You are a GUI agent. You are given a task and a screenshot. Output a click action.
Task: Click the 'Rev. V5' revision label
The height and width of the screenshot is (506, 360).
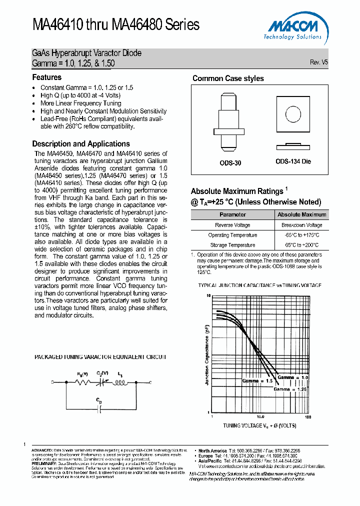(x=319, y=62)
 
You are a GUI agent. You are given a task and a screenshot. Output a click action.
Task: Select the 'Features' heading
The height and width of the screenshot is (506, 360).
(x=47, y=77)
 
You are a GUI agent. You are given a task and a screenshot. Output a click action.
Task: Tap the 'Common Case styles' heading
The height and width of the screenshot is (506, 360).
(x=228, y=78)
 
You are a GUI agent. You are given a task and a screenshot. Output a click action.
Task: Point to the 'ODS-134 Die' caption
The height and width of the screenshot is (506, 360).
(x=293, y=162)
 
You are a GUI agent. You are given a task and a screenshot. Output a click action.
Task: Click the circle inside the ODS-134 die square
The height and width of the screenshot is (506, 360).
(x=293, y=113)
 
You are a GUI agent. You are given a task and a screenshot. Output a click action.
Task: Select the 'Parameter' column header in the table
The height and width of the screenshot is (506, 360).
(x=232, y=214)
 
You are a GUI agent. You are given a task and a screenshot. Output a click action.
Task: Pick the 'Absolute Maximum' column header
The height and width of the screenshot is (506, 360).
(x=302, y=214)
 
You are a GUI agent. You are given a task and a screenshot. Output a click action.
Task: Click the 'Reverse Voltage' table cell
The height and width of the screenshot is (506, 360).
(x=232, y=225)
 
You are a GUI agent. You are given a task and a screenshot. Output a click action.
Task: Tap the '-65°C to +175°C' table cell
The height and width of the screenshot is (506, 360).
(x=302, y=235)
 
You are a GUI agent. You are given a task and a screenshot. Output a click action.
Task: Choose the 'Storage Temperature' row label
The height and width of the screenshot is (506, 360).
(x=232, y=245)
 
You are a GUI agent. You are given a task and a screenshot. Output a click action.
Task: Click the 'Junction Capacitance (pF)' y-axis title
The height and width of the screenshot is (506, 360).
(x=206, y=354)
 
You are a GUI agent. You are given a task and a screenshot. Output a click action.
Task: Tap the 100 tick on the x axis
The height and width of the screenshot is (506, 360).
(x=307, y=416)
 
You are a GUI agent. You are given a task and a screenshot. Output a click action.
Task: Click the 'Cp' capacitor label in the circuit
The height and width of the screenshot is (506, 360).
(x=99, y=400)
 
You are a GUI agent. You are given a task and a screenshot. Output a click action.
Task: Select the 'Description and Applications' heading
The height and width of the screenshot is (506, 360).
(x=81, y=143)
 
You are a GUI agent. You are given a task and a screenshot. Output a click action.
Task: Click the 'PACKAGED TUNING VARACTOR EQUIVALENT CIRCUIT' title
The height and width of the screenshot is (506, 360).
(x=100, y=357)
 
